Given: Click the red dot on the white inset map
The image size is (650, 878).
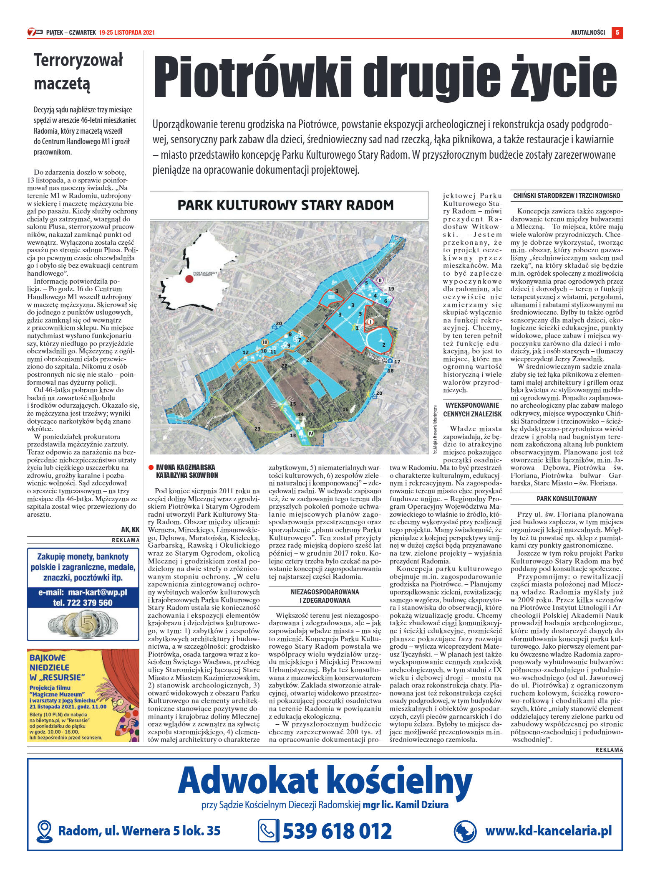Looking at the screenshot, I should [x=189, y=279].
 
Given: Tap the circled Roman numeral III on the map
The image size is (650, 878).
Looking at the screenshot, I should [x=265, y=342].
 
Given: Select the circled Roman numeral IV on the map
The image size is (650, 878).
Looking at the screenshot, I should [x=310, y=434].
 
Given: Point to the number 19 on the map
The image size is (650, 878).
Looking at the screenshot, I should [x=391, y=289].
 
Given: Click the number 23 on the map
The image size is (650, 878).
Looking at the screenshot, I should [x=257, y=429].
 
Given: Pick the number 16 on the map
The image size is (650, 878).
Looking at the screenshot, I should [x=345, y=409].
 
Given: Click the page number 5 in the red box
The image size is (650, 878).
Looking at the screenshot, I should [x=617, y=33].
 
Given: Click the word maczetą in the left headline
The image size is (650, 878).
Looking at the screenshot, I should [x=62, y=84].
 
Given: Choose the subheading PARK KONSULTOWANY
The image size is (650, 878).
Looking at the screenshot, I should [x=567, y=499].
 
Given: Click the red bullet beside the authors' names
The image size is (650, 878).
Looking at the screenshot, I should [x=151, y=467].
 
